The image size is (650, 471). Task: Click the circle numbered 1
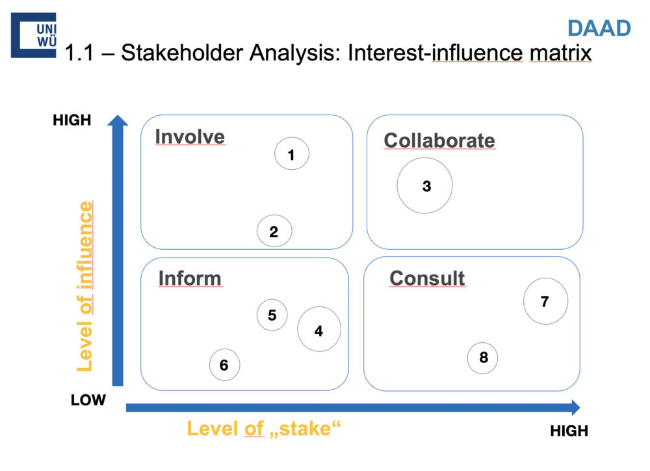[292, 154]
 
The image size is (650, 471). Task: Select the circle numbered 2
[274, 231]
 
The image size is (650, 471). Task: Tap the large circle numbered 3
[425, 185]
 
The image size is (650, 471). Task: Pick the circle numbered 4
[319, 330]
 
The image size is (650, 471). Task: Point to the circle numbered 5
[272, 315]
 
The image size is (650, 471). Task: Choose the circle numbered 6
[224, 365]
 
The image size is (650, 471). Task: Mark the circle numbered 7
[545, 301]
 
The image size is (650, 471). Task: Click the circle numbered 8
[483, 357]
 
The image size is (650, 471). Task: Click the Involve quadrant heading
[190, 137]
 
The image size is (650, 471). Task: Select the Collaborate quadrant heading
[439, 140]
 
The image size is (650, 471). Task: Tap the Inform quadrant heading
[190, 278]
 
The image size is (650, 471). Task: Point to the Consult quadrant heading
[427, 278]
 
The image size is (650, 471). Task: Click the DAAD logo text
[599, 28]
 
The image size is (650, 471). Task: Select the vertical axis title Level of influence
[85, 286]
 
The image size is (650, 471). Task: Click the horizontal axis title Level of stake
[264, 429]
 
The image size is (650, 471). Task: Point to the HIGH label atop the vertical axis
[72, 120]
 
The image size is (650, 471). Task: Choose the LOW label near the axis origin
[88, 399]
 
